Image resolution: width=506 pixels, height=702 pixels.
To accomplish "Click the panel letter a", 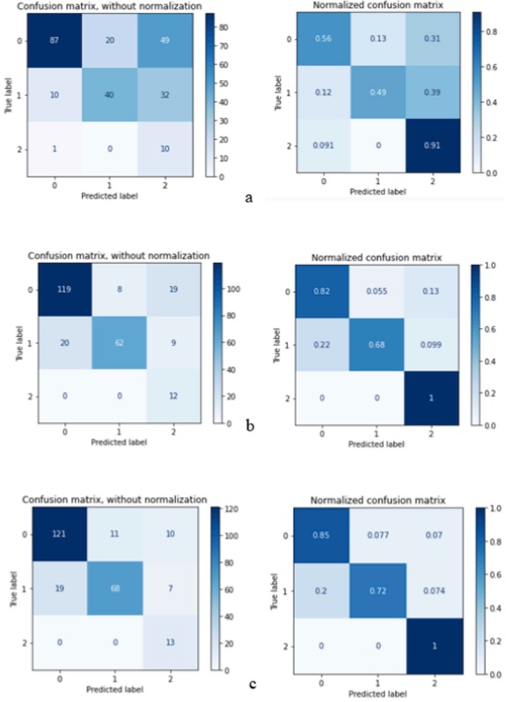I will [250, 197].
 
